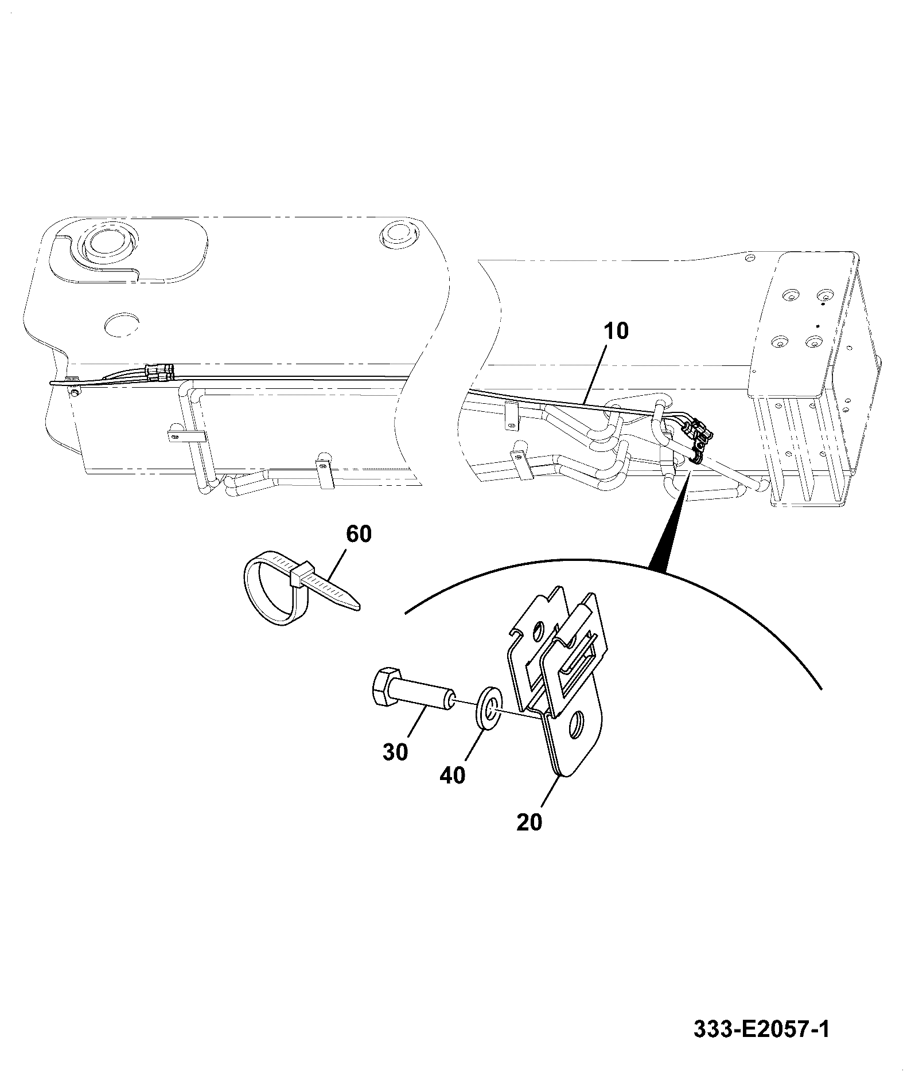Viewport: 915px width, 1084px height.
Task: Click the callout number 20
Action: (x=528, y=822)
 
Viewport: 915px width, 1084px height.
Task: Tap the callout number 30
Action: (x=395, y=751)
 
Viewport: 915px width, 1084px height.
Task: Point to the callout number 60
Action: (x=359, y=534)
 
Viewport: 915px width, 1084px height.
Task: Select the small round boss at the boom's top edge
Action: (x=398, y=233)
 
